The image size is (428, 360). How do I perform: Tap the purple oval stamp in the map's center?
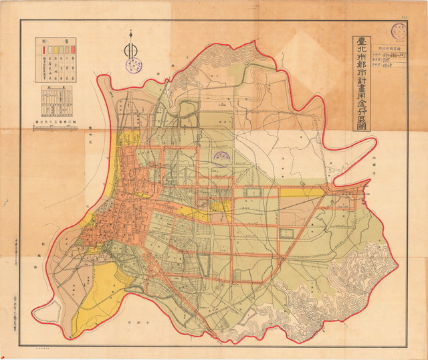(221, 155)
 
